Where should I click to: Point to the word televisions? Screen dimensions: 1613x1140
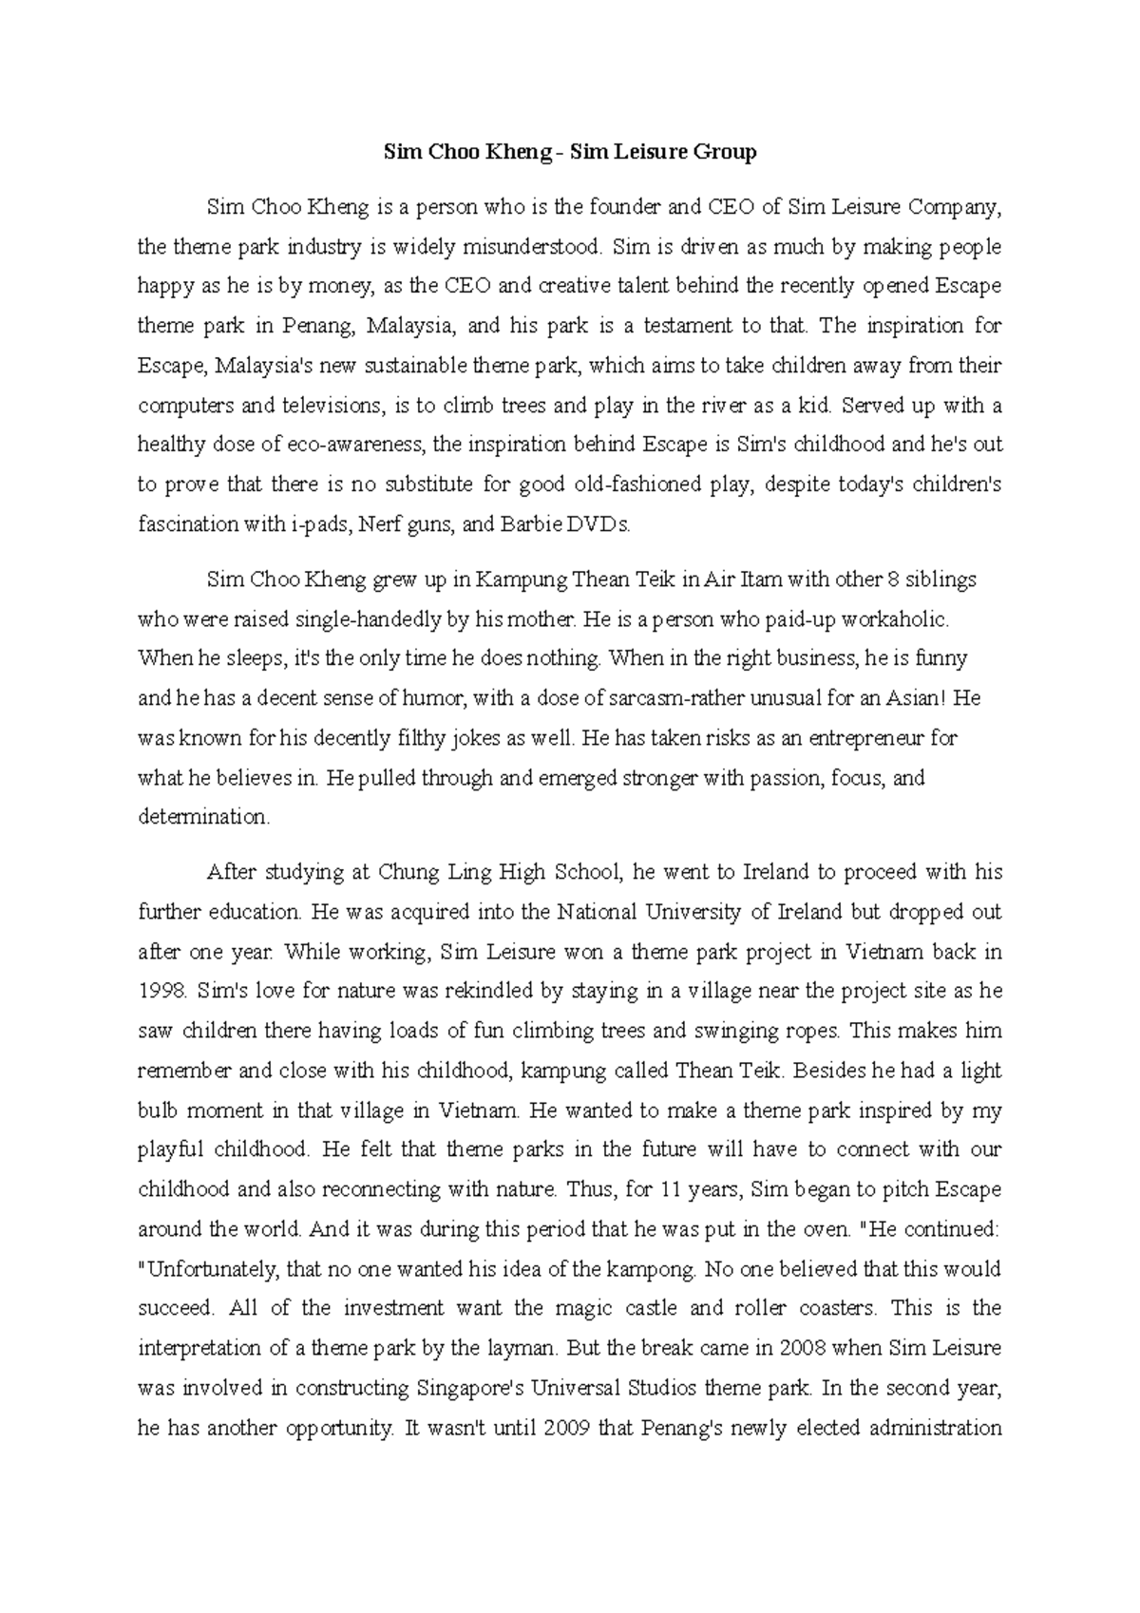click(313, 406)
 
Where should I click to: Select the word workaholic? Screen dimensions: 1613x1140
click(891, 619)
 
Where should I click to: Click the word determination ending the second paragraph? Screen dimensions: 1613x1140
click(204, 817)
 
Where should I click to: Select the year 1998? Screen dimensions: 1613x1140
click(163, 991)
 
